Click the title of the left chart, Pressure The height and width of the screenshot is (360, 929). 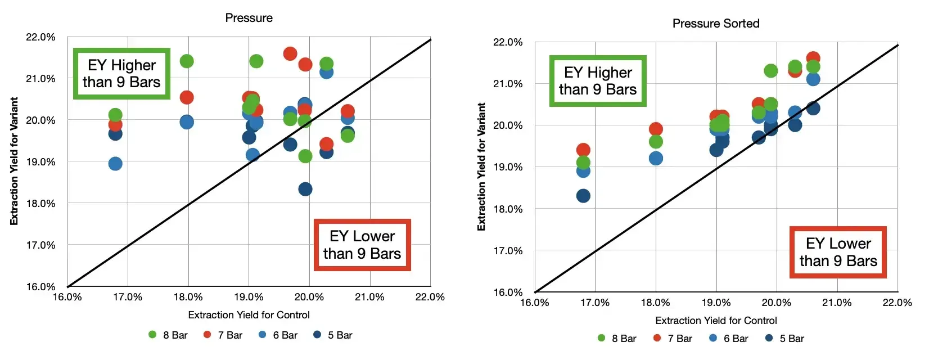(x=249, y=18)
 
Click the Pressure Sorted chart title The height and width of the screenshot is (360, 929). (x=715, y=24)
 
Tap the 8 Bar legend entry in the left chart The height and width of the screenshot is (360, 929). (x=169, y=335)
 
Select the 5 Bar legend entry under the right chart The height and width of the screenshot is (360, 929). (x=785, y=339)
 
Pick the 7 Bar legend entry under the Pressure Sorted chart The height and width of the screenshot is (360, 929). (x=673, y=339)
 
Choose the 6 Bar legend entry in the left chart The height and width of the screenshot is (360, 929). (x=278, y=335)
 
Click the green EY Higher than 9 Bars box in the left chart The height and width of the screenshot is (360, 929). (x=121, y=74)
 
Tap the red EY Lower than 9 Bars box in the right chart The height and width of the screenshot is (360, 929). (x=838, y=252)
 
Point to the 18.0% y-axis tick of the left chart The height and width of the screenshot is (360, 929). (x=40, y=204)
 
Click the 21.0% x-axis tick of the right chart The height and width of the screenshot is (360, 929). (x=837, y=303)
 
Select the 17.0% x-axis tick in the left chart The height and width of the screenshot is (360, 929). (x=128, y=297)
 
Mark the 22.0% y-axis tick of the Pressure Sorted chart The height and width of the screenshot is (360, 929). (x=508, y=42)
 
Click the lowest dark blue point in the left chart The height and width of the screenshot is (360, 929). (x=305, y=189)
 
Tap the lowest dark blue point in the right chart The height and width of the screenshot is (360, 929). (x=583, y=196)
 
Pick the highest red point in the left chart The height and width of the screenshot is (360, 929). (x=290, y=53)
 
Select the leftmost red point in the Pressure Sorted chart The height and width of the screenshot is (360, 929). (x=583, y=150)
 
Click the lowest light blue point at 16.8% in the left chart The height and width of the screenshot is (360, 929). (x=115, y=164)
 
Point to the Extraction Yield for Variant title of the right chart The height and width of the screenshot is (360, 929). (x=481, y=166)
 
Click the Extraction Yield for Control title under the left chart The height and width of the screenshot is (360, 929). (x=249, y=315)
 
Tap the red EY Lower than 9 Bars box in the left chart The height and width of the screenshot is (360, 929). (x=362, y=245)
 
